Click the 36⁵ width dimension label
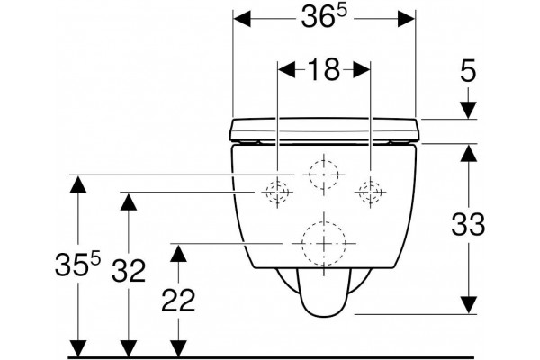323,17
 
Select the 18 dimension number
324,69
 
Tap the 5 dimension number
468,70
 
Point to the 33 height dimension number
468,224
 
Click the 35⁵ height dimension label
77,263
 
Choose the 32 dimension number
129,270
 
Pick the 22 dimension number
178,300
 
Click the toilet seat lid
324,130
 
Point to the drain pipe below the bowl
323,292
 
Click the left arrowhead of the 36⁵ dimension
242,19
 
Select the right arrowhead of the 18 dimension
362,70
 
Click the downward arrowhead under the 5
468,111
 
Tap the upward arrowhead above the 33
468,153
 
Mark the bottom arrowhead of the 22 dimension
178,348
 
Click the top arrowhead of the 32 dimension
129,202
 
